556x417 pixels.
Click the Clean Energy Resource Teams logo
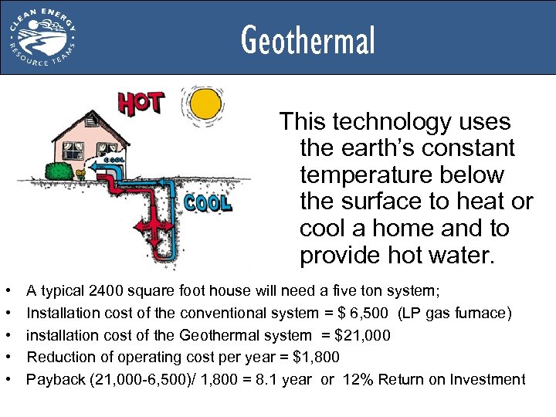(43, 37)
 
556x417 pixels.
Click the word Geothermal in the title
(307, 41)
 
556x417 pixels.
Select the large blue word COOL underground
(207, 202)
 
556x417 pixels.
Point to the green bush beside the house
(58, 170)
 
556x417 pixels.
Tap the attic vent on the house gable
(92, 121)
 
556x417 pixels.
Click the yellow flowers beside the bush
(80, 175)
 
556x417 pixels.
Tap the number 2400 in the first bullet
(104, 290)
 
